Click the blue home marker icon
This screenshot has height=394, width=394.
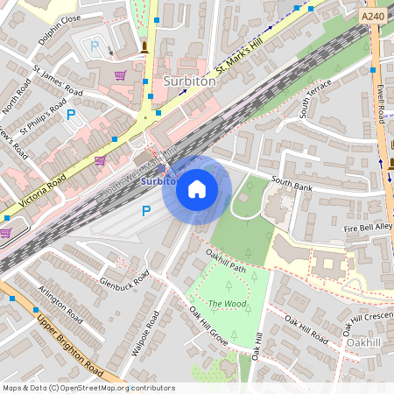click(x=197, y=188)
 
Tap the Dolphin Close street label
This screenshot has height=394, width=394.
click(x=60, y=29)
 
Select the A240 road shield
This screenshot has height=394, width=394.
click(x=372, y=16)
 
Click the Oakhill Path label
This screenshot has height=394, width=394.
click(x=226, y=260)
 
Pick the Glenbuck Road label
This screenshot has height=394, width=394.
click(x=124, y=278)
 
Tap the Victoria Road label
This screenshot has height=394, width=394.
click(x=41, y=190)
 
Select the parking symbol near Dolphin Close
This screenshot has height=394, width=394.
click(x=95, y=46)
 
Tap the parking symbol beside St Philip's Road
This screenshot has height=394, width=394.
click(x=72, y=114)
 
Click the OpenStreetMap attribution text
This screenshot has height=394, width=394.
click(x=88, y=387)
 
